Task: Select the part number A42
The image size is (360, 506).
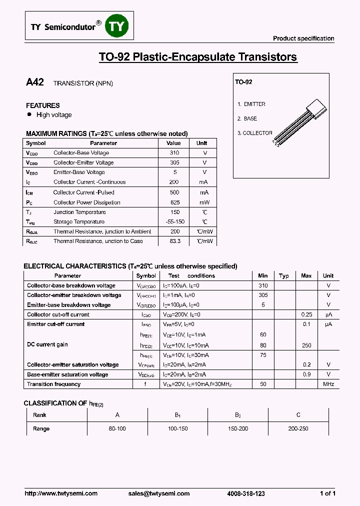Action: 35,83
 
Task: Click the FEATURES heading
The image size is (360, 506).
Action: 43,105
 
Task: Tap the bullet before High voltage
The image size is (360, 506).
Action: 29,114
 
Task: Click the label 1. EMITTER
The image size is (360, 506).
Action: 251,104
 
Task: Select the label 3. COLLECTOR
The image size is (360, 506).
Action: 255,133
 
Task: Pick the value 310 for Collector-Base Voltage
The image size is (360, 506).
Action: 174,153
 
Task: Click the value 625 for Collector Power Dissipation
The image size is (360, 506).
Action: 174,202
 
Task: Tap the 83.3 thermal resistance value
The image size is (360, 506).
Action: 174,241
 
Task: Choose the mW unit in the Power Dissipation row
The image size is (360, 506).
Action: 204,202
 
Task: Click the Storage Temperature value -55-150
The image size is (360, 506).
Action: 174,221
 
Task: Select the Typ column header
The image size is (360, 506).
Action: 284,275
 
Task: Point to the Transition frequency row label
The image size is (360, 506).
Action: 53,384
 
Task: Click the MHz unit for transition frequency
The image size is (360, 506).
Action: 328,384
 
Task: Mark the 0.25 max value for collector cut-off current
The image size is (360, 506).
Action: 306,314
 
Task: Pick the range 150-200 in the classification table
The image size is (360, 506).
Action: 238,428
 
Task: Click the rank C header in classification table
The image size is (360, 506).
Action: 298,415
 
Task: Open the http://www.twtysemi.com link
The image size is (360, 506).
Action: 61,493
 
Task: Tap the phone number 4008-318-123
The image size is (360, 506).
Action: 246,493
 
